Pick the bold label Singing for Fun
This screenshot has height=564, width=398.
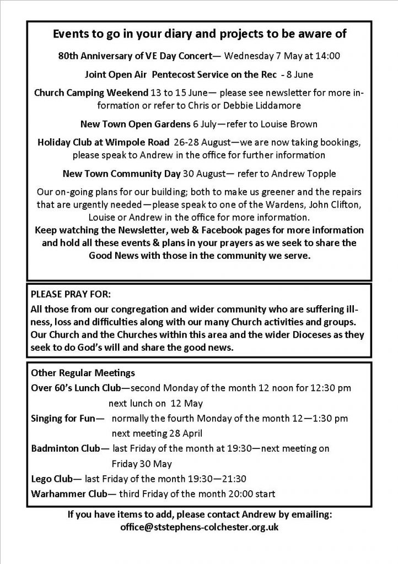tap(63, 418)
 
